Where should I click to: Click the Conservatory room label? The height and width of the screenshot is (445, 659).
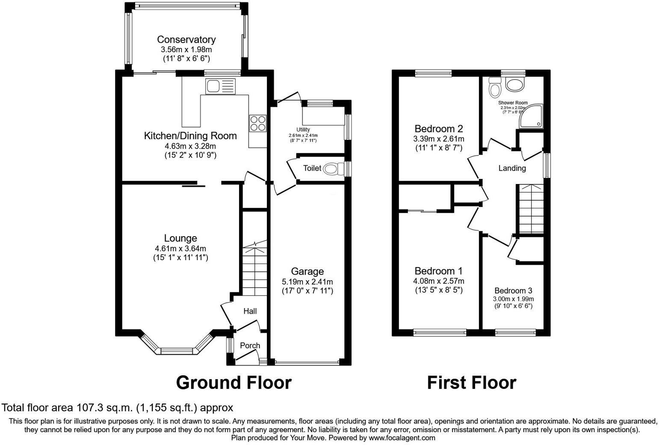pos(186,39)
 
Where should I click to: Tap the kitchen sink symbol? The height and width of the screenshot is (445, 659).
pos(220,86)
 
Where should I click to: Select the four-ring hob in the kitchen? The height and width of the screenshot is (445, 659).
pos(258,123)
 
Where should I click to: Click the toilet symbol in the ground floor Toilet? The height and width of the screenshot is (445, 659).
pos(332,169)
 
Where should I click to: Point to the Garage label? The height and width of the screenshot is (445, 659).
pos(307,271)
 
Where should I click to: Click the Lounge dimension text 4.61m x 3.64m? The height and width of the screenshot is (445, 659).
pos(180,249)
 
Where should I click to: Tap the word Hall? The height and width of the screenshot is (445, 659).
pos(250,311)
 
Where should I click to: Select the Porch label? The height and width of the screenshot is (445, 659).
pos(250,345)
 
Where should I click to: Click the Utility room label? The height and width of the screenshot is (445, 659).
pos(303,130)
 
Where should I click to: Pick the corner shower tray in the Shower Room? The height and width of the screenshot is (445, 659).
pos(532,116)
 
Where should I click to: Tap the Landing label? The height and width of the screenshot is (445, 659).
pos(512,168)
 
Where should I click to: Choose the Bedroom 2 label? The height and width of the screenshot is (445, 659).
pos(439,129)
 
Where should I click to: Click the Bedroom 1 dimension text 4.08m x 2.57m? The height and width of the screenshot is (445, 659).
pos(439,281)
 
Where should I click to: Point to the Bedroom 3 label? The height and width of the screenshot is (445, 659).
pos(513,291)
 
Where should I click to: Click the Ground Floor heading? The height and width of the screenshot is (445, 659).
pos(233,383)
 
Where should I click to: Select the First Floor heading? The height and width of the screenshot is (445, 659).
pos(471,383)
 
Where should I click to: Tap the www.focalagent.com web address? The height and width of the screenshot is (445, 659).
pos(402,438)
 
